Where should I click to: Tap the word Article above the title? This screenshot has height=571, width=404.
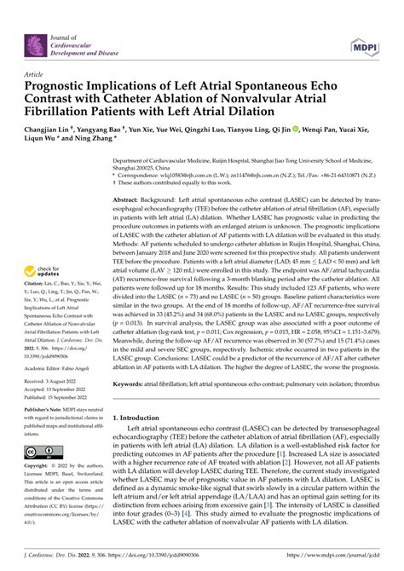(x=36, y=74)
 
